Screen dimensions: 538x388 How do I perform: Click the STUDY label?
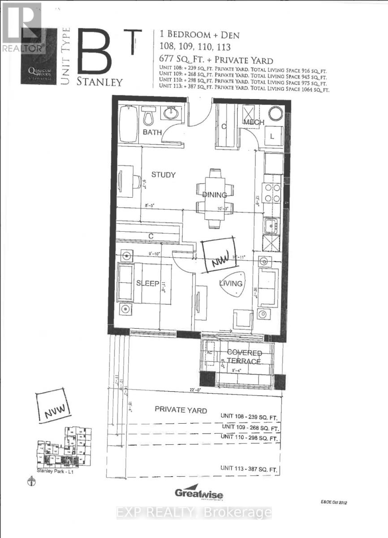click(x=163, y=175)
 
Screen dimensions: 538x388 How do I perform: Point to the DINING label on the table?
click(x=215, y=195)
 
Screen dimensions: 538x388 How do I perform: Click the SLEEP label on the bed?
click(x=148, y=283)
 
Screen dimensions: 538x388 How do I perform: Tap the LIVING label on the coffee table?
click(x=231, y=283)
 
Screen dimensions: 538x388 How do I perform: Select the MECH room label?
click(x=254, y=122)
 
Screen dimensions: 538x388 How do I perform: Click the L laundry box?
click(x=272, y=136)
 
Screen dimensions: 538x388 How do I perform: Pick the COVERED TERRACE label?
click(x=244, y=357)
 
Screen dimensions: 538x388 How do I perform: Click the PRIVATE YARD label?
click(x=181, y=410)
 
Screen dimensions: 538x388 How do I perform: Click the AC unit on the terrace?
click(x=208, y=352)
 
